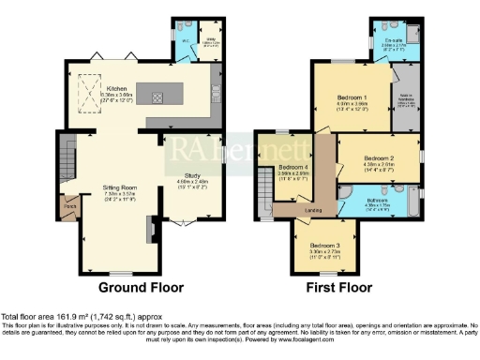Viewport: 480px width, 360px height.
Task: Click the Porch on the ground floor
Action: [69, 202]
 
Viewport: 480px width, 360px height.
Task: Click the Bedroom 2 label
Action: [378, 158]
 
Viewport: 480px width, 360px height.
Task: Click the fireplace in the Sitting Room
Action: [149, 229]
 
